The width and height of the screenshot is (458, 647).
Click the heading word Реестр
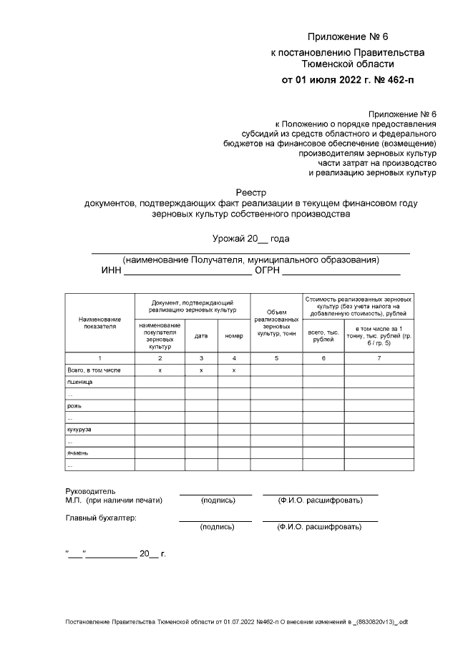pyautogui.click(x=250, y=191)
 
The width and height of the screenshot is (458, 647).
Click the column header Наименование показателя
pyautogui.click(x=99, y=322)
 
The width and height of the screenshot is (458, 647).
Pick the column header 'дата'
pyautogui.click(x=201, y=335)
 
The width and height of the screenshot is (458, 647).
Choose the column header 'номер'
pyautogui.click(x=234, y=335)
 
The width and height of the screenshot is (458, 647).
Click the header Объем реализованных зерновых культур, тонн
pyautogui.click(x=276, y=322)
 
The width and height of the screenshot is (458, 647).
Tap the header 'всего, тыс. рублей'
pyautogui.click(x=323, y=335)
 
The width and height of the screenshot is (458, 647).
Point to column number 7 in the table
pyautogui.click(x=379, y=357)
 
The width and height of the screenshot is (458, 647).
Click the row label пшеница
pyautogui.click(x=79, y=382)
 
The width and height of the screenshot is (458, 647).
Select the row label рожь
pyautogui.click(x=75, y=405)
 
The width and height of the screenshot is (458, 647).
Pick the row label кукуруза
pyautogui.click(x=81, y=430)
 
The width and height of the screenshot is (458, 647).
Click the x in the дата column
pyautogui.click(x=201, y=370)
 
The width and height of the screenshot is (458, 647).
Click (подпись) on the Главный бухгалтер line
pyautogui.click(x=218, y=527)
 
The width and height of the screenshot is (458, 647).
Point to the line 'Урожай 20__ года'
pyautogui.click(x=250, y=238)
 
